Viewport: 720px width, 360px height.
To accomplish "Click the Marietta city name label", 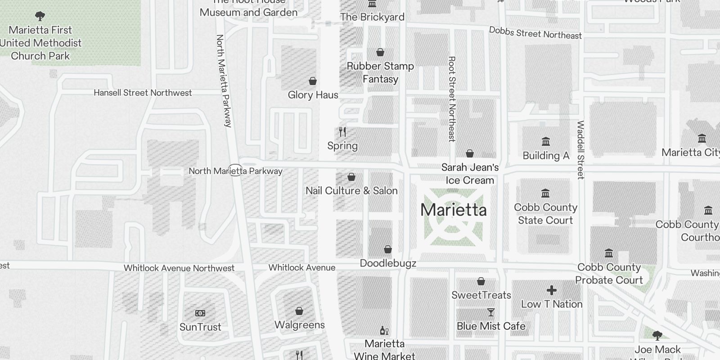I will coord(453,210).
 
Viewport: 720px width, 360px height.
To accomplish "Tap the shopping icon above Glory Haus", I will coord(313,81).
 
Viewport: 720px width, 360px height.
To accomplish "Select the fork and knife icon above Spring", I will coord(342,132).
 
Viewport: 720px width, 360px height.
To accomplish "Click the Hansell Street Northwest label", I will coord(143,93).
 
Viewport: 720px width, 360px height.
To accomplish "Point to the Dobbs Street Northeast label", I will coord(535,33).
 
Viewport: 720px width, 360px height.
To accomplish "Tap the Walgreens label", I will coord(299,325).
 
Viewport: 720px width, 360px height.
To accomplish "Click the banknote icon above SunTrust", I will coord(200,313).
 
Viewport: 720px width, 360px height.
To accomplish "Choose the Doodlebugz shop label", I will coord(388,263).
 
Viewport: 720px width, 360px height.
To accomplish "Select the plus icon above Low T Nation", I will coord(552,290).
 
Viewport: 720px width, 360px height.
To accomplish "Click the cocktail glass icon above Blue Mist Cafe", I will coord(491,312).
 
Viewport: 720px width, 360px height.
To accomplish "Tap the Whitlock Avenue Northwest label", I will coord(179,268).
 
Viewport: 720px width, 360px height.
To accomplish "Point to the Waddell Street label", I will coord(580,150).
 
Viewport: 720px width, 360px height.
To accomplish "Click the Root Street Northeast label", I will coord(452,99).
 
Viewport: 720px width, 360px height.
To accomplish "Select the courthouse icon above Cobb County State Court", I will coord(545,193).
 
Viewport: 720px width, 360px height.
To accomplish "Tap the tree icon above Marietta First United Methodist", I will coord(40,17).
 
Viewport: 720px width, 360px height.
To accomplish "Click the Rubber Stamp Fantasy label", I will coord(380,72).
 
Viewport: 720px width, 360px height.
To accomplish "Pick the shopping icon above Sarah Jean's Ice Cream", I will coord(470,154).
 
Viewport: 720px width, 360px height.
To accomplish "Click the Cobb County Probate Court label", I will coord(609,274).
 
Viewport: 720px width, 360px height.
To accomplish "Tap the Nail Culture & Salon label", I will coord(351,191).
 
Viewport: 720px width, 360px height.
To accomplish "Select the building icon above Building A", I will coord(546,142).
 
